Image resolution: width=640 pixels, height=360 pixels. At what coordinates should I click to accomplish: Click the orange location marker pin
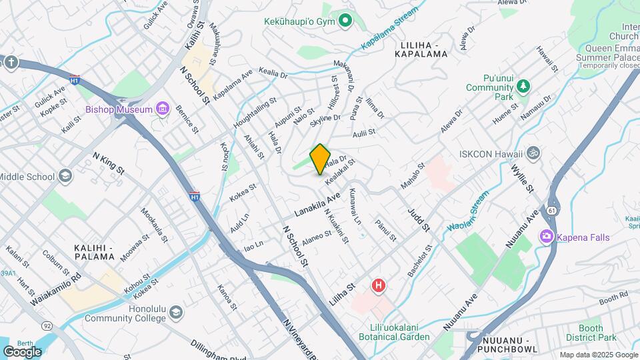click(320, 159)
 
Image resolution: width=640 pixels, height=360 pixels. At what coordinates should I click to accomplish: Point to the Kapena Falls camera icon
click(547, 236)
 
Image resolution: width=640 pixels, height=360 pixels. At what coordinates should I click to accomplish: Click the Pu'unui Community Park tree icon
click(523, 86)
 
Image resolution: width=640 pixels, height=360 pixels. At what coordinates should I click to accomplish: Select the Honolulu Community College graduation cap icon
click(175, 312)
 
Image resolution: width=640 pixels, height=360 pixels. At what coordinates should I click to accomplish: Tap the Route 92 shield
click(47, 326)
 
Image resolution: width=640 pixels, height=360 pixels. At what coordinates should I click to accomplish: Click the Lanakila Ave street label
click(317, 205)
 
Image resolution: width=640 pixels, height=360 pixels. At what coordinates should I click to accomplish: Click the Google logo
click(22, 351)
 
